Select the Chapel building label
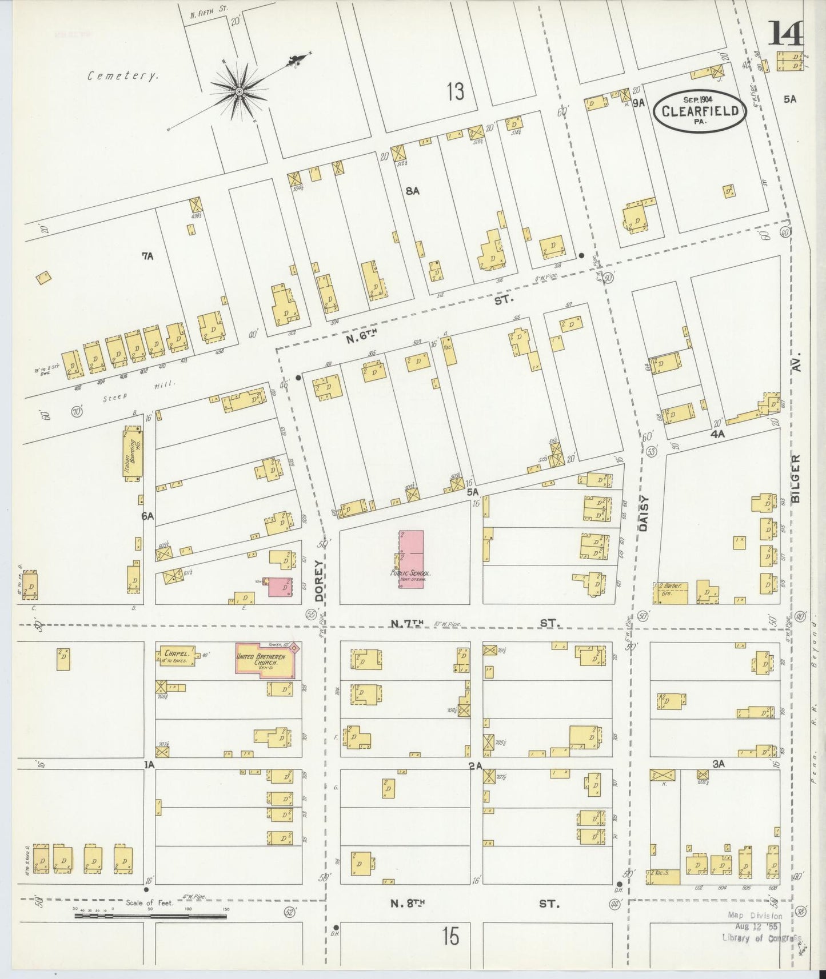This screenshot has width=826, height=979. [173, 655]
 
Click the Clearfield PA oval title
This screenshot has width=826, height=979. [700, 111]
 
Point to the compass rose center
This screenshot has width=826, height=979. [240, 91]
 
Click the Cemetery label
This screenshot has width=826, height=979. [122, 75]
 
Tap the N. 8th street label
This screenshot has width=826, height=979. [408, 903]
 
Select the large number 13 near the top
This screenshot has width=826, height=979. [456, 91]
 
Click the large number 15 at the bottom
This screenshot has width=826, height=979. [450, 937]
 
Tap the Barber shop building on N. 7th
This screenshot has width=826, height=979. [671, 593]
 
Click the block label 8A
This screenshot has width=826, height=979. [413, 191]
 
